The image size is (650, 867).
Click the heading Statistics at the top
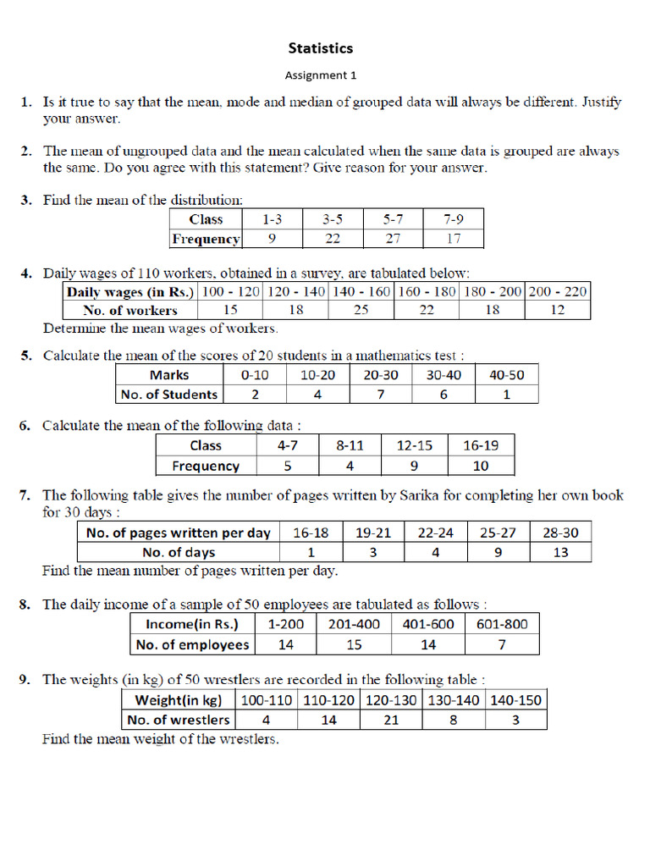tap(320, 48)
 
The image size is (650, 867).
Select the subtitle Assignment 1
tap(320, 75)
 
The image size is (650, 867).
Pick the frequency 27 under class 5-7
tap(393, 239)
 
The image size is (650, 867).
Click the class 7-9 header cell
tap(454, 219)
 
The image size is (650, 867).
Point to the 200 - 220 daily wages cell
tap(557, 291)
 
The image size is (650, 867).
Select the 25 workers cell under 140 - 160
tap(361, 310)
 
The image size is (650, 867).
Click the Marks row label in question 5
tap(169, 375)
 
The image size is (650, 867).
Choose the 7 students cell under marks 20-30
tap(381, 395)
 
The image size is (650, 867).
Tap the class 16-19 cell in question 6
tap(481, 445)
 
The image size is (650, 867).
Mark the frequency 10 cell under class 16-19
tap(481, 466)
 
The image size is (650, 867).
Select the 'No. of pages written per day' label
tap(178, 533)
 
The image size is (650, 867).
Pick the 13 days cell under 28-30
tap(559, 552)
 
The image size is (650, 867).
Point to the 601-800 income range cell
tap(502, 625)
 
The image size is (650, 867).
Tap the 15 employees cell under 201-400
tap(354, 645)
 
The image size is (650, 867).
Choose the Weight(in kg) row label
tap(178, 700)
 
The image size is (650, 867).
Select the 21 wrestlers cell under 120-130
tap(391, 720)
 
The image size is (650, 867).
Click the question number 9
tap(26, 679)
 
